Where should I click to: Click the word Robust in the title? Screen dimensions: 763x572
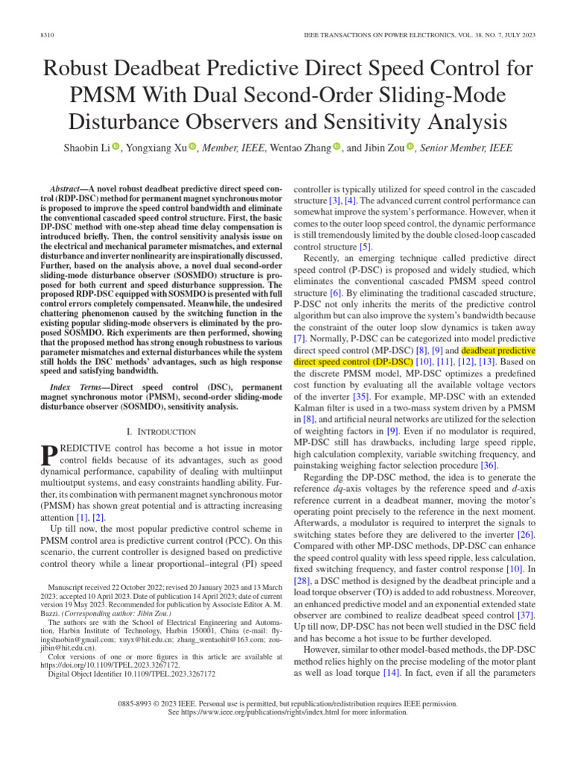coord(83,70)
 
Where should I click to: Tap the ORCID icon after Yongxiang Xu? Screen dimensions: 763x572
coord(192,148)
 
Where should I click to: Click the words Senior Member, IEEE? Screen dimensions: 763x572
coord(466,148)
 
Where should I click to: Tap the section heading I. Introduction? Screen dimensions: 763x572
coord(162,432)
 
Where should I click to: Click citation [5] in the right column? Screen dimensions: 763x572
coord(364,247)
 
